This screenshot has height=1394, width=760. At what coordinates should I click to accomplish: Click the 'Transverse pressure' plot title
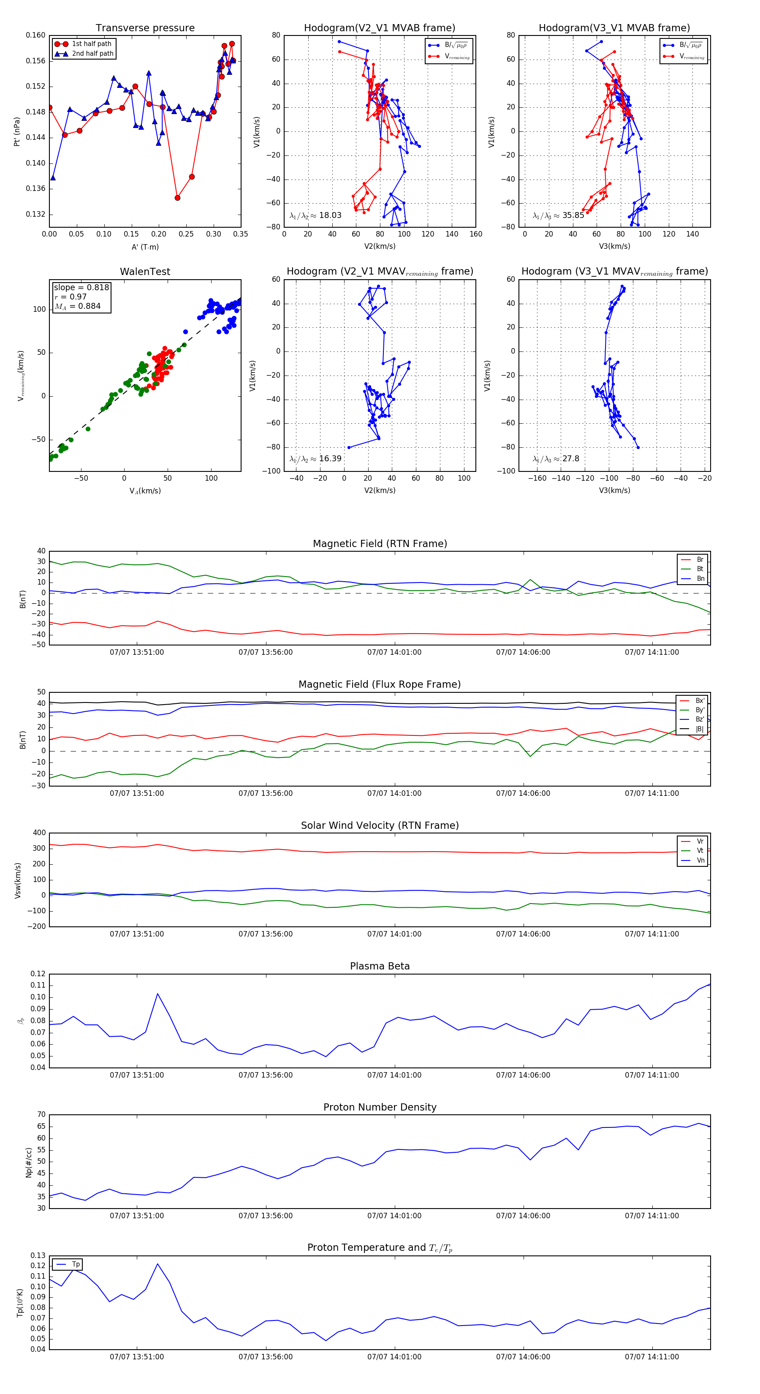145,28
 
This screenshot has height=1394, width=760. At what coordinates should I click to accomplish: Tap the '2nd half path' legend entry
92,54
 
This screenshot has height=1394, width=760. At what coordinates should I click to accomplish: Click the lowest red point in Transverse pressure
177,198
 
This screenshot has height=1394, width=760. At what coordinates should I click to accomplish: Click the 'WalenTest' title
145,272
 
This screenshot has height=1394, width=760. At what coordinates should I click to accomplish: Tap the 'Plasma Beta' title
380,967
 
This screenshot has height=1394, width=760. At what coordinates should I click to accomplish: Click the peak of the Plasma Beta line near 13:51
157,994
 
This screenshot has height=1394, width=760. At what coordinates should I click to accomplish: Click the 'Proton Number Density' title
380,1107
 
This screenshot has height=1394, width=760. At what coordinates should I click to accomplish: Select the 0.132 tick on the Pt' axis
36,214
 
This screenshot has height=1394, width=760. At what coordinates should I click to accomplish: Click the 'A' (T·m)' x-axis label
145,247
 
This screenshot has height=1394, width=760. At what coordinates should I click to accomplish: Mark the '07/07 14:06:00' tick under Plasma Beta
523,1075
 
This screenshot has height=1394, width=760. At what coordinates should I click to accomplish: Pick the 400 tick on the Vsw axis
40,833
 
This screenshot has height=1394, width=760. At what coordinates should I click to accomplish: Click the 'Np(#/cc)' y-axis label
29,1162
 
